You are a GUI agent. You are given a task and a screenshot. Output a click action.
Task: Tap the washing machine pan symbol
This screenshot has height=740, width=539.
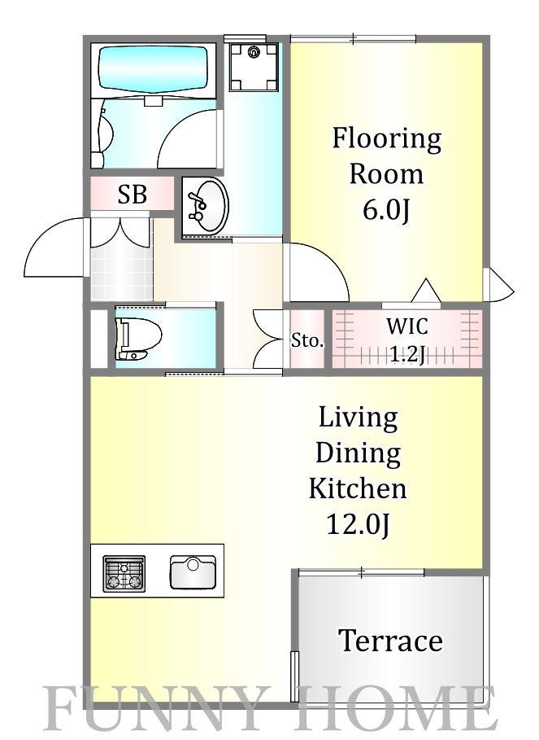[x=254, y=67]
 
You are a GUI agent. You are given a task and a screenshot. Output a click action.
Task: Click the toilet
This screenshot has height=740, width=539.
[x=137, y=338]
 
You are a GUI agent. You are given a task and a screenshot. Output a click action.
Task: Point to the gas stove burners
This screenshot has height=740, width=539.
[x=124, y=573]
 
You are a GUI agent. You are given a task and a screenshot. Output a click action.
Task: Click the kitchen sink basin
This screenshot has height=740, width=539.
[x=193, y=572]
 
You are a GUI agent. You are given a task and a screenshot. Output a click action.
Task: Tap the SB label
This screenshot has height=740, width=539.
[x=132, y=194]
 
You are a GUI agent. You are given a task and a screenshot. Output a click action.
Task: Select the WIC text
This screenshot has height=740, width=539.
[x=407, y=326]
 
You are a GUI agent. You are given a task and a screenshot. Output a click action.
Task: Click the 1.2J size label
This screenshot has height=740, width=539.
[x=407, y=354]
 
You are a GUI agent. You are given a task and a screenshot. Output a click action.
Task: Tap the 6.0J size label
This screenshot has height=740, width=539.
[x=386, y=210]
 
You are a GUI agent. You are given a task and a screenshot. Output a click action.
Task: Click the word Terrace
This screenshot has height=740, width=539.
[x=390, y=641]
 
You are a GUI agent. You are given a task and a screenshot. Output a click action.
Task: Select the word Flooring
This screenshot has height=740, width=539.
[x=387, y=139]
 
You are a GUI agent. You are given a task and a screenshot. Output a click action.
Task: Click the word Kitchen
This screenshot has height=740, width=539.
[x=358, y=488]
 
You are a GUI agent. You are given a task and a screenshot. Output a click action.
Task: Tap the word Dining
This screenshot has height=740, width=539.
[x=358, y=453]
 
